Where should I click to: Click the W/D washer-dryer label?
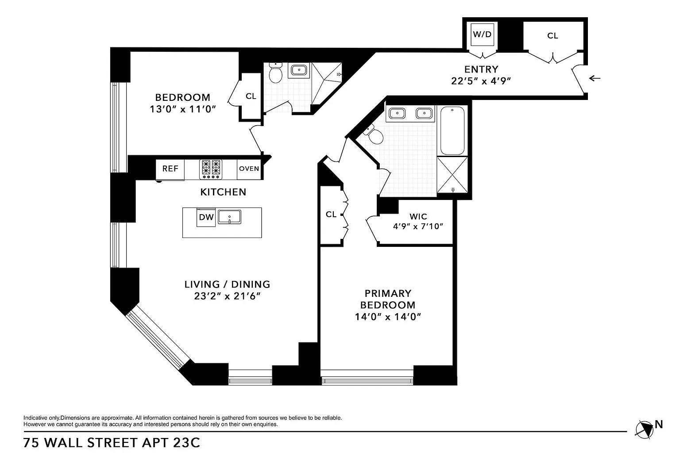(482, 35)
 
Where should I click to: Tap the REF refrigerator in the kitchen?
(170, 169)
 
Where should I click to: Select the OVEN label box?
(249, 169)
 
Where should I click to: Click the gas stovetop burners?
(211, 169)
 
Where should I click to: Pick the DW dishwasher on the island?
(206, 217)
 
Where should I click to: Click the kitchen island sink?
(229, 217)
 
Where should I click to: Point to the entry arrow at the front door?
(595, 78)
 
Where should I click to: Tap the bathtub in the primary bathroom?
(452, 131)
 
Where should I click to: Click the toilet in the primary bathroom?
(374, 135)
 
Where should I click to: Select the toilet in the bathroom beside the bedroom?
(276, 73)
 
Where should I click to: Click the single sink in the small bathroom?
(299, 70)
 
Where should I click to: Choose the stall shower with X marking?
(452, 175)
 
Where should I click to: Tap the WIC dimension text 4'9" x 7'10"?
(418, 226)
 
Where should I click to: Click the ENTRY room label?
(481, 69)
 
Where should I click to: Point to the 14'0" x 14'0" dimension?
(388, 317)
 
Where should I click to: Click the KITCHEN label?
(223, 192)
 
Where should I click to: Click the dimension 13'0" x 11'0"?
(182, 109)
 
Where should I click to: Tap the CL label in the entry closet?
(552, 36)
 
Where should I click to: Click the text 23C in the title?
(186, 443)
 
